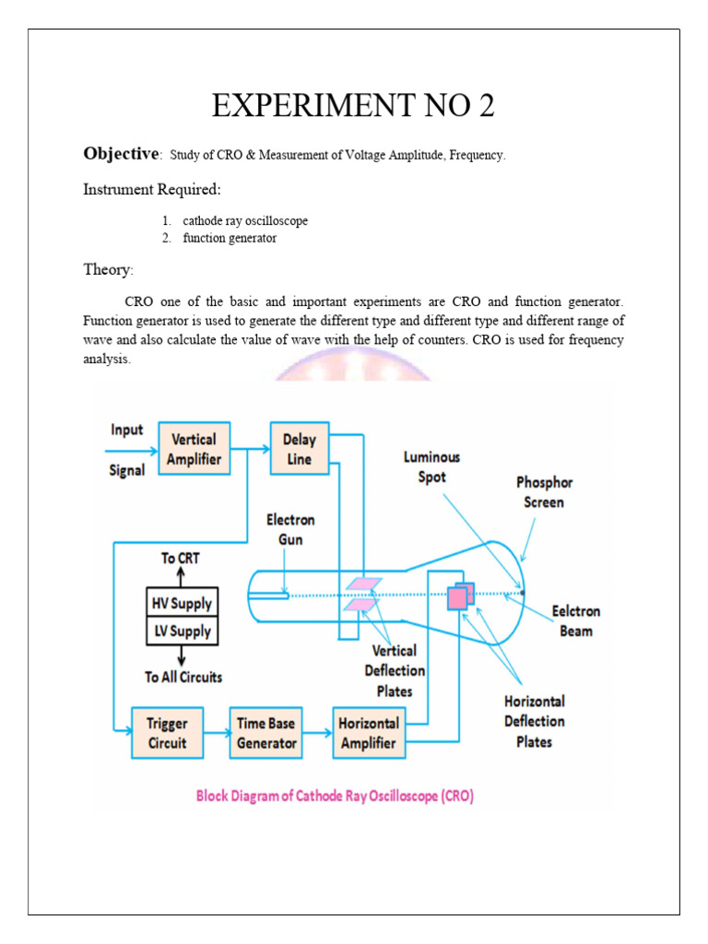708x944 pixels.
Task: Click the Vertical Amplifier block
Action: tap(194, 449)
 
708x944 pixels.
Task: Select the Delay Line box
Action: tap(299, 449)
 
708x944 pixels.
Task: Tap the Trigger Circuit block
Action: tap(167, 733)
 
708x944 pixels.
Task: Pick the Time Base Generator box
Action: tap(266, 733)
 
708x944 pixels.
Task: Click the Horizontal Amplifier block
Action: tap(369, 733)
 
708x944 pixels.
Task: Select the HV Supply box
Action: tap(181, 604)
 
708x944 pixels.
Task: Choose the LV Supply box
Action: tap(181, 631)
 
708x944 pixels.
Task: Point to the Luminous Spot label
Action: tap(431, 466)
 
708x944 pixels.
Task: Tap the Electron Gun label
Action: tap(290, 530)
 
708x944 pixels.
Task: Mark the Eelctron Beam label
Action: tap(576, 620)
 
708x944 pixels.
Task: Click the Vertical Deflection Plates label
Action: tap(395, 670)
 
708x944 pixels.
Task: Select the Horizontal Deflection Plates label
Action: tap(535, 721)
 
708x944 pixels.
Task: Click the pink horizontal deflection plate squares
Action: tap(459, 596)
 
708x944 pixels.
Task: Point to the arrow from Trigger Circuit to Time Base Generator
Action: tap(216, 734)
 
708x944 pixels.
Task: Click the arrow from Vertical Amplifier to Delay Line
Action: tap(249, 449)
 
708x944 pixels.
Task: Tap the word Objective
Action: tap(122, 154)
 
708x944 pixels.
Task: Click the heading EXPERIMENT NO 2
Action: tap(353, 106)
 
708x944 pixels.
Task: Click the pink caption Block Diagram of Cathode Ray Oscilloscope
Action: tap(335, 795)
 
